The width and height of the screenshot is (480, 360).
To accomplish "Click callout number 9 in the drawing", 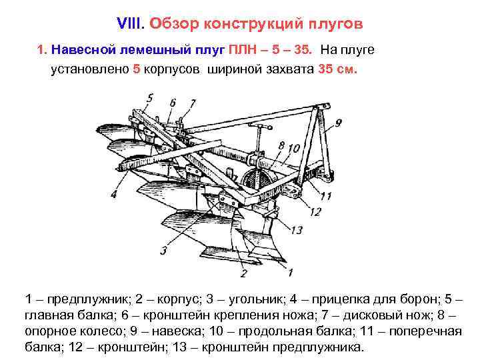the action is [338, 123].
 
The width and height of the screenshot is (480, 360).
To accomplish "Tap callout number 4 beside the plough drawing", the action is [114, 194].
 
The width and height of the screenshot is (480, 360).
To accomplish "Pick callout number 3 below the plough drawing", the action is [163, 251].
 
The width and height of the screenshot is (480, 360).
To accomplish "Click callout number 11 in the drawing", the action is [325, 195].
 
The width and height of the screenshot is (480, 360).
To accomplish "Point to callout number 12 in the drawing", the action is [316, 211].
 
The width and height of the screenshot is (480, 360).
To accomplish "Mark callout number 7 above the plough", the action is [193, 103].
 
